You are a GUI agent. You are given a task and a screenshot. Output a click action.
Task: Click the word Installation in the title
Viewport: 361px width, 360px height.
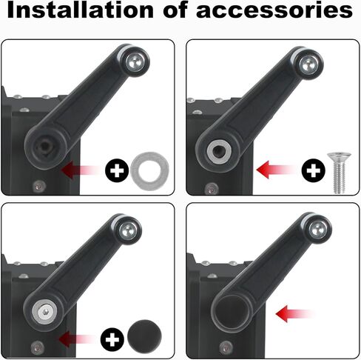81,10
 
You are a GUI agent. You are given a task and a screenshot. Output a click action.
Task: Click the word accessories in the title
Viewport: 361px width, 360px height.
274,11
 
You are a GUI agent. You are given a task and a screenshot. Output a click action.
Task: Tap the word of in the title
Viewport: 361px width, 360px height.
175,10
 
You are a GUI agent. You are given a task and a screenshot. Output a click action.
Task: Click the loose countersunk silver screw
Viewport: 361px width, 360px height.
339,173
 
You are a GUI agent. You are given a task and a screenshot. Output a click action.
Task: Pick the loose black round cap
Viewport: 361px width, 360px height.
144,337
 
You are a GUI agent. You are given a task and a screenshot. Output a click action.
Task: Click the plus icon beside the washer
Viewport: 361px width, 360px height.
117,170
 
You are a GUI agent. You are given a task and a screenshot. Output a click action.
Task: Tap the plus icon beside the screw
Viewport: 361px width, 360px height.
314,170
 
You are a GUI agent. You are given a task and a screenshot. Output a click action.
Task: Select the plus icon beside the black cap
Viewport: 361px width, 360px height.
112,339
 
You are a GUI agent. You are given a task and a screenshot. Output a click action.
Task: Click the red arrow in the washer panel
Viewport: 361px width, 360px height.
81,170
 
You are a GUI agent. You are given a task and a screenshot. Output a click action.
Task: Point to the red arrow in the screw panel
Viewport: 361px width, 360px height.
276,170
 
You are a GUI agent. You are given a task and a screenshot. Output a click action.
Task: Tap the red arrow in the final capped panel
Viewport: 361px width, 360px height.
296,314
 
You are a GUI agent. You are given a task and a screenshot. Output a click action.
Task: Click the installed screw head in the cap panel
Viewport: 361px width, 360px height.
45,312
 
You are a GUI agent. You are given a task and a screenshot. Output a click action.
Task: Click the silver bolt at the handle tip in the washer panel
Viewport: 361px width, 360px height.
135,62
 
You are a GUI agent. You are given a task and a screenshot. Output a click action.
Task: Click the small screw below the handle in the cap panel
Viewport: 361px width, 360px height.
38,347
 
